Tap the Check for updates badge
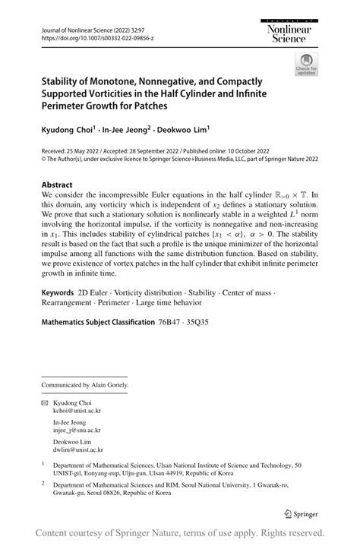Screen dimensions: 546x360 point(305,64)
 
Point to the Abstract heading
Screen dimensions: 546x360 point(57,185)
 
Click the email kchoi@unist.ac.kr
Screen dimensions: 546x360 point(77,409)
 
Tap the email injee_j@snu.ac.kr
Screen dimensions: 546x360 point(77,430)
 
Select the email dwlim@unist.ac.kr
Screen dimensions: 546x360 point(77,450)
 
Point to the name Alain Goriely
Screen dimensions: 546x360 point(111,385)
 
